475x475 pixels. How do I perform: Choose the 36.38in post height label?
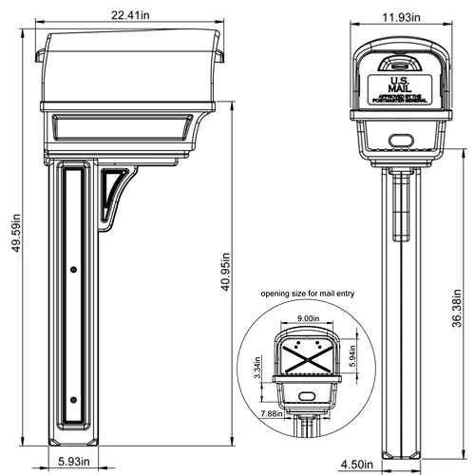(x=459, y=308)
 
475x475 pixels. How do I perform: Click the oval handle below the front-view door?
(x=398, y=139)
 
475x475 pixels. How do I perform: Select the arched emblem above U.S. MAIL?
(x=398, y=65)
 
